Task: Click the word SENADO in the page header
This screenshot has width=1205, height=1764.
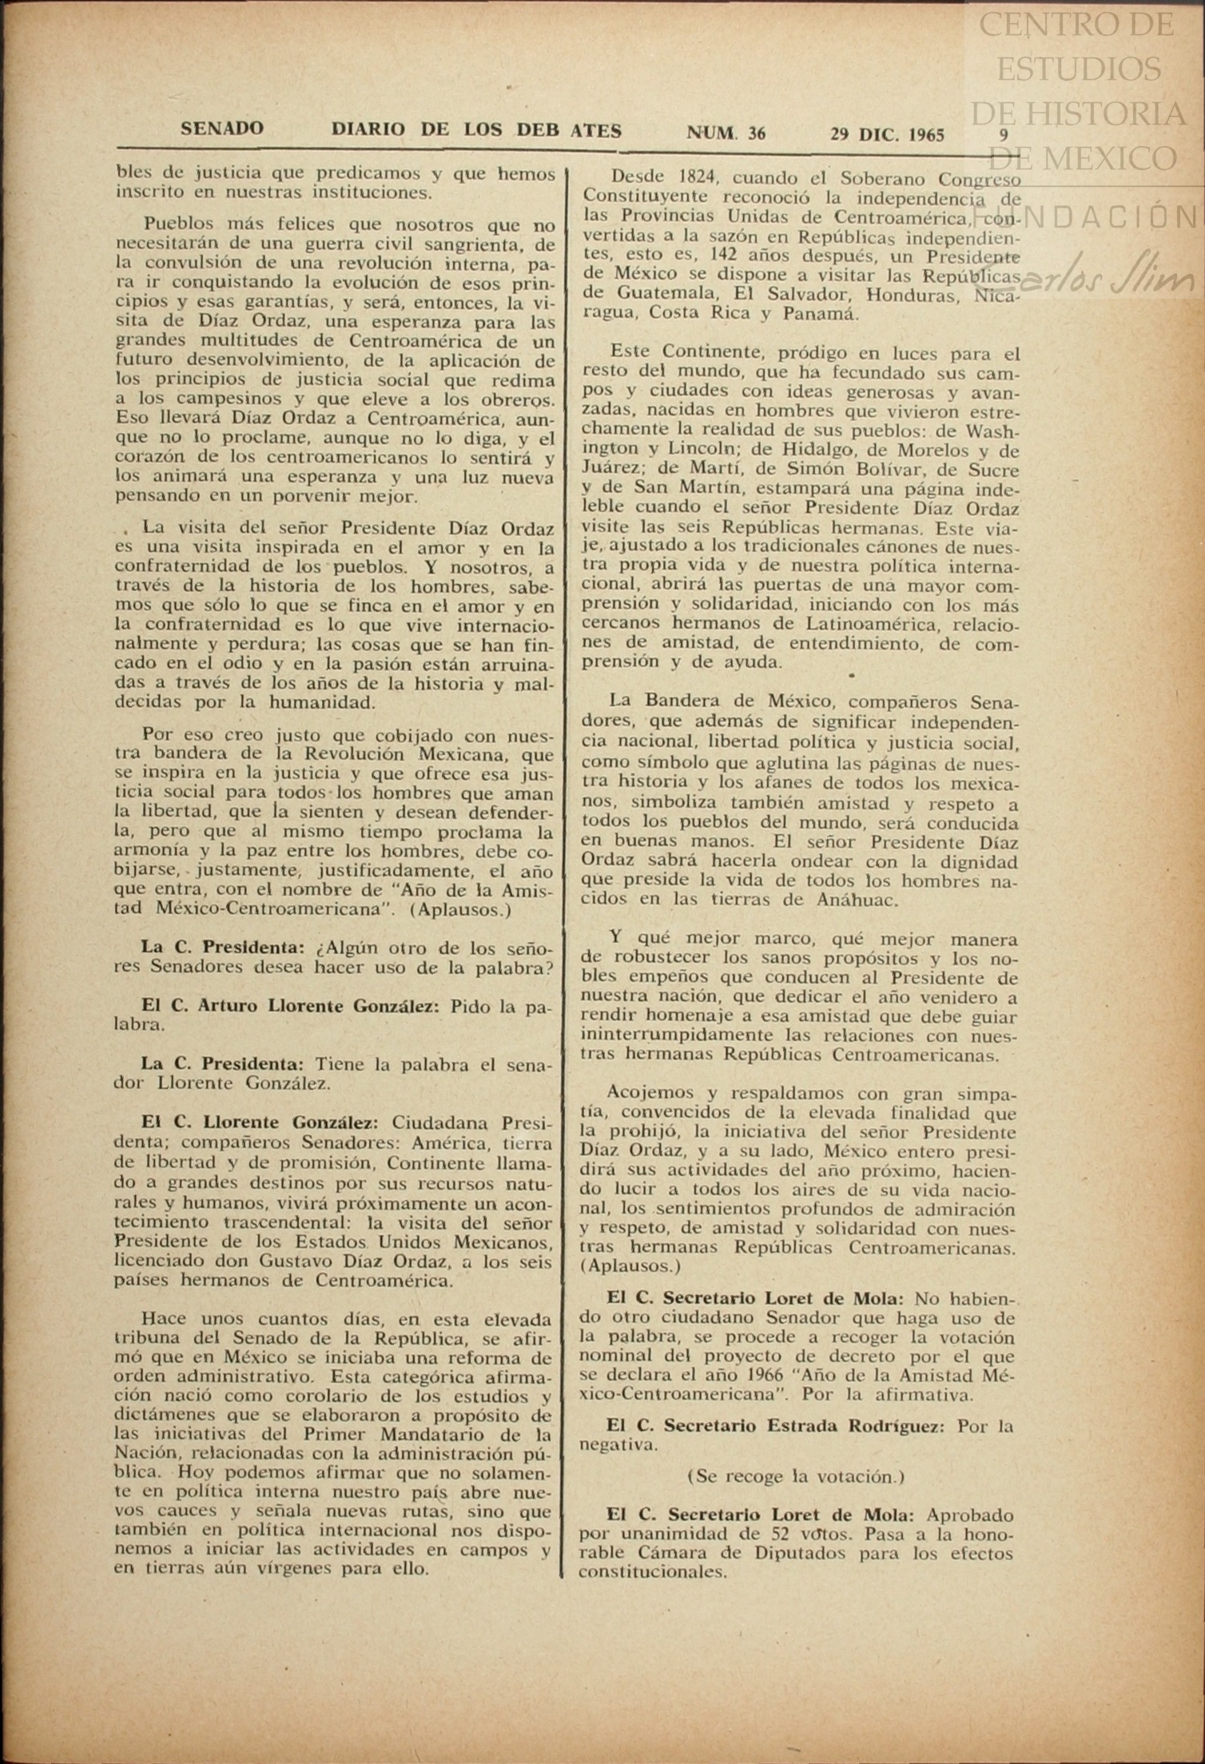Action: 222,129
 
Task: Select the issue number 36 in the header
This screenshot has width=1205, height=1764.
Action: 756,133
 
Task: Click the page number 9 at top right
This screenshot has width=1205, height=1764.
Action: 1004,134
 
